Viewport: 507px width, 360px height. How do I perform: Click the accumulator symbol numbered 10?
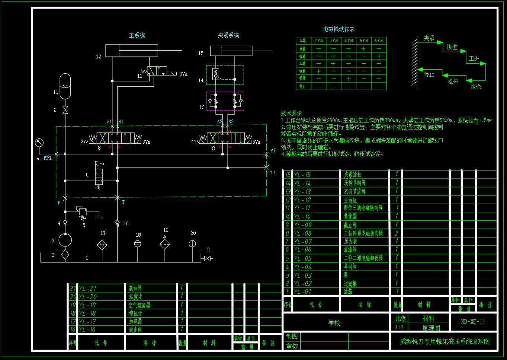(65, 86)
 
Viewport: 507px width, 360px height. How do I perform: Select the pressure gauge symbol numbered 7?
(39, 143)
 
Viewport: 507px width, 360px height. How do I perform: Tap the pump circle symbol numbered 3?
(65, 240)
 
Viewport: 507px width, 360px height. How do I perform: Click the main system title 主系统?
(137, 35)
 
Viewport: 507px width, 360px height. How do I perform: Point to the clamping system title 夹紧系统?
(228, 35)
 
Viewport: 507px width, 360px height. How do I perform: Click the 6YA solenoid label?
(183, 74)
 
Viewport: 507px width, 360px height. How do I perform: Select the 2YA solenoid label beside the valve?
(85, 142)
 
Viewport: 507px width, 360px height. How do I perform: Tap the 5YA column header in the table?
(363, 41)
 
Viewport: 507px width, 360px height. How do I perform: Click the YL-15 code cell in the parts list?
(302, 175)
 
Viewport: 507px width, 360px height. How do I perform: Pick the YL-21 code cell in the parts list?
(88, 289)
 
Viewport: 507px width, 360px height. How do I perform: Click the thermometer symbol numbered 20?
(192, 243)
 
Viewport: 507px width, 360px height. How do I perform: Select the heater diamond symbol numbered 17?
(102, 245)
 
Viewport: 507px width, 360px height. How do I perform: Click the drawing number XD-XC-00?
(473, 322)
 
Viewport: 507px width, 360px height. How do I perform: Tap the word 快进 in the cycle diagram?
(452, 47)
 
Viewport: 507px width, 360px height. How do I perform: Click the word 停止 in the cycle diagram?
(429, 74)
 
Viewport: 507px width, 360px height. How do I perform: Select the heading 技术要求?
(292, 113)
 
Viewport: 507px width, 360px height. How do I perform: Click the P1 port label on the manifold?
(273, 151)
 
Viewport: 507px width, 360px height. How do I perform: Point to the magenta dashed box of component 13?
(225, 101)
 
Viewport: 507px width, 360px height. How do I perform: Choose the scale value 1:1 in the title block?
(399, 328)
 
